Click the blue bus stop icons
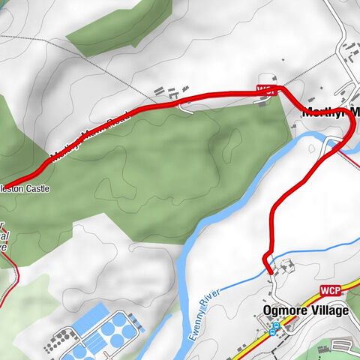pyautogui.click(x=274, y=328)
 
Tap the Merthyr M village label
pyautogui.click(x=330, y=112)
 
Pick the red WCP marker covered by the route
pyautogui.click(x=264, y=89)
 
